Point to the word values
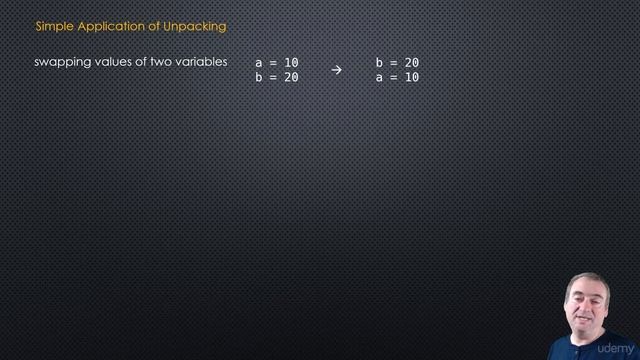114,63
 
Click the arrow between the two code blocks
336,70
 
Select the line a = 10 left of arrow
277,63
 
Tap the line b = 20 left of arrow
277,76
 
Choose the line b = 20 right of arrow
397,63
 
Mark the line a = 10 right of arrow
397,76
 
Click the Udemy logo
614,350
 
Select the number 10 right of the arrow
412,76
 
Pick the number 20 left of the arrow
291,76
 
